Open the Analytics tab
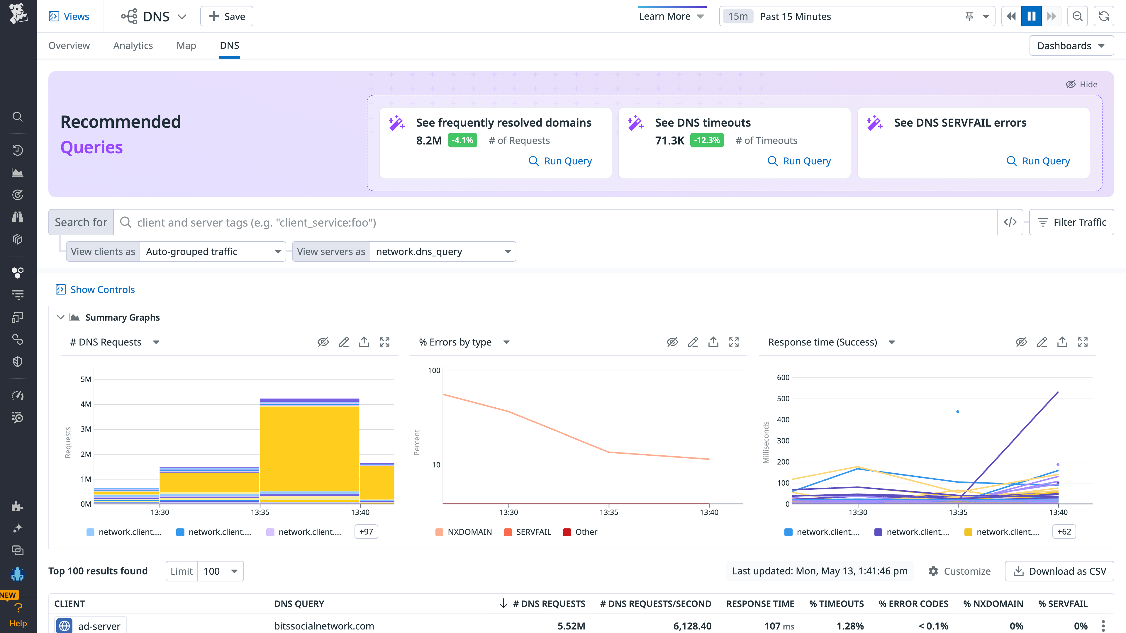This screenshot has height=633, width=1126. click(133, 45)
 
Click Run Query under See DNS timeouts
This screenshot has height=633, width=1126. click(799, 161)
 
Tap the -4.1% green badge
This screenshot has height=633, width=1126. click(462, 140)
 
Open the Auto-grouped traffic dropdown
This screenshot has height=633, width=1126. click(213, 252)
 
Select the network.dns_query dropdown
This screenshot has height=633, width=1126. click(443, 252)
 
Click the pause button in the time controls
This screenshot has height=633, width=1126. click(1031, 16)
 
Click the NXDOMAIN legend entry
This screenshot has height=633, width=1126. click(464, 532)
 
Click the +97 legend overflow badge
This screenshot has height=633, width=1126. click(366, 532)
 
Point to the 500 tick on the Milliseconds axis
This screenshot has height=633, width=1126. click(783, 399)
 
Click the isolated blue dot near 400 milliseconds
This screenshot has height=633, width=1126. click(958, 411)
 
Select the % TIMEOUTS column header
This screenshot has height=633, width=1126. click(836, 604)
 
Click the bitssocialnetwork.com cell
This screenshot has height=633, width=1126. click(324, 626)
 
